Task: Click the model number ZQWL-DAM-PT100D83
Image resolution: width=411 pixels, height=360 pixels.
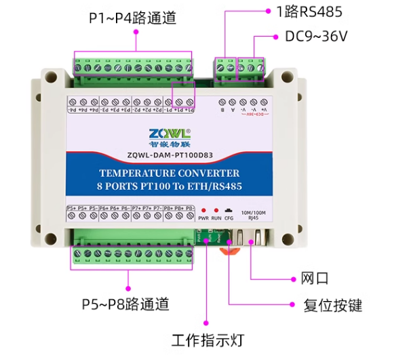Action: point(170,155)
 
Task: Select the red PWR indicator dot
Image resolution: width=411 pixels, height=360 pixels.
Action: point(203,211)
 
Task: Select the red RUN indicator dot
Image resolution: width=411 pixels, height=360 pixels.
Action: point(216,211)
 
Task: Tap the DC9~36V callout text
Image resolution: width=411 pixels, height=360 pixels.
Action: point(316,36)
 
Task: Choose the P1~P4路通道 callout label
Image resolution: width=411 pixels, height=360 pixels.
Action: point(132,18)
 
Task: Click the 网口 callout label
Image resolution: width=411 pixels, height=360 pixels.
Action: point(314,278)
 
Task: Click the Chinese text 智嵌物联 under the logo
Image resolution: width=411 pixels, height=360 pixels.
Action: point(170,143)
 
